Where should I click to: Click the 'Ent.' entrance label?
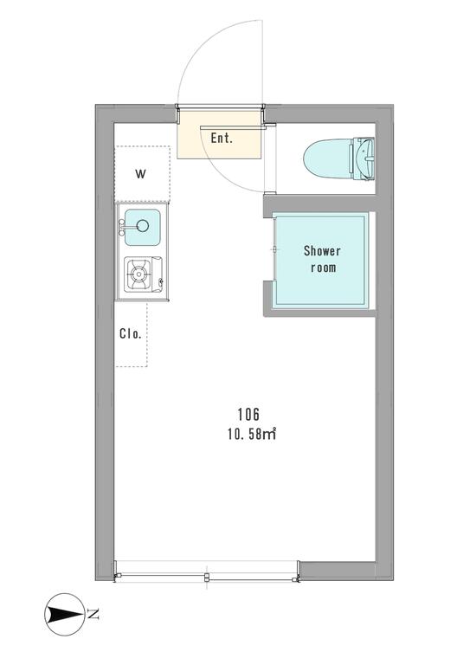tap(222, 138)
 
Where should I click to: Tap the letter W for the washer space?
tap(141, 173)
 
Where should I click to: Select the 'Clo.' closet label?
tap(130, 333)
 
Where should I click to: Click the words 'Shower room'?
tap(323, 259)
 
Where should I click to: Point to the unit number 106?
tap(248, 414)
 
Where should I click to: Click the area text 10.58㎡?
tap(252, 436)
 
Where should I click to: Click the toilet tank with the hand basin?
tap(362, 159)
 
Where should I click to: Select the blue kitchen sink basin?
tap(143, 228)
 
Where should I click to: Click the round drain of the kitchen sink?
tap(143, 226)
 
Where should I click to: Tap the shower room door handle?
tap(275, 249)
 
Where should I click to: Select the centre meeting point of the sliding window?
tap(206, 577)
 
